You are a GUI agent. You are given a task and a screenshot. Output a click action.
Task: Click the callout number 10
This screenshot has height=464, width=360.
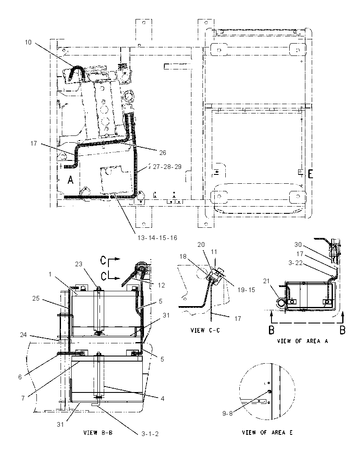pos(28,42)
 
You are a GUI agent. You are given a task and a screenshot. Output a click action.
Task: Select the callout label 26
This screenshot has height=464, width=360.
pos(163,153)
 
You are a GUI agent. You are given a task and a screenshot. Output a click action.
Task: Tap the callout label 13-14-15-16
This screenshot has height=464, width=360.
pos(158,238)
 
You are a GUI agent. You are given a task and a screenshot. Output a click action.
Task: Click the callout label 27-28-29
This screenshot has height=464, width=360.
pos(167,167)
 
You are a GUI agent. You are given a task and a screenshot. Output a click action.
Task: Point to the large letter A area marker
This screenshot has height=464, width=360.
pos(70,180)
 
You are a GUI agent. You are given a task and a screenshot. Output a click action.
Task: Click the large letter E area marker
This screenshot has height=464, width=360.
pos(310,174)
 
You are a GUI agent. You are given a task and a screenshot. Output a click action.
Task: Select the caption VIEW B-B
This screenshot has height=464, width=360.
pos(98,433)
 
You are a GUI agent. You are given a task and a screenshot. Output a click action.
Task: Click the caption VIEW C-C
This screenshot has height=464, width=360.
pos(205,331)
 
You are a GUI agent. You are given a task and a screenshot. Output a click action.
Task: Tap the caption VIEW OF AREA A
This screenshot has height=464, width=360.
pos(302,341)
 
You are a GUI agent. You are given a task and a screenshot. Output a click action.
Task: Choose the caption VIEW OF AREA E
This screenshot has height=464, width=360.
pos(267,432)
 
